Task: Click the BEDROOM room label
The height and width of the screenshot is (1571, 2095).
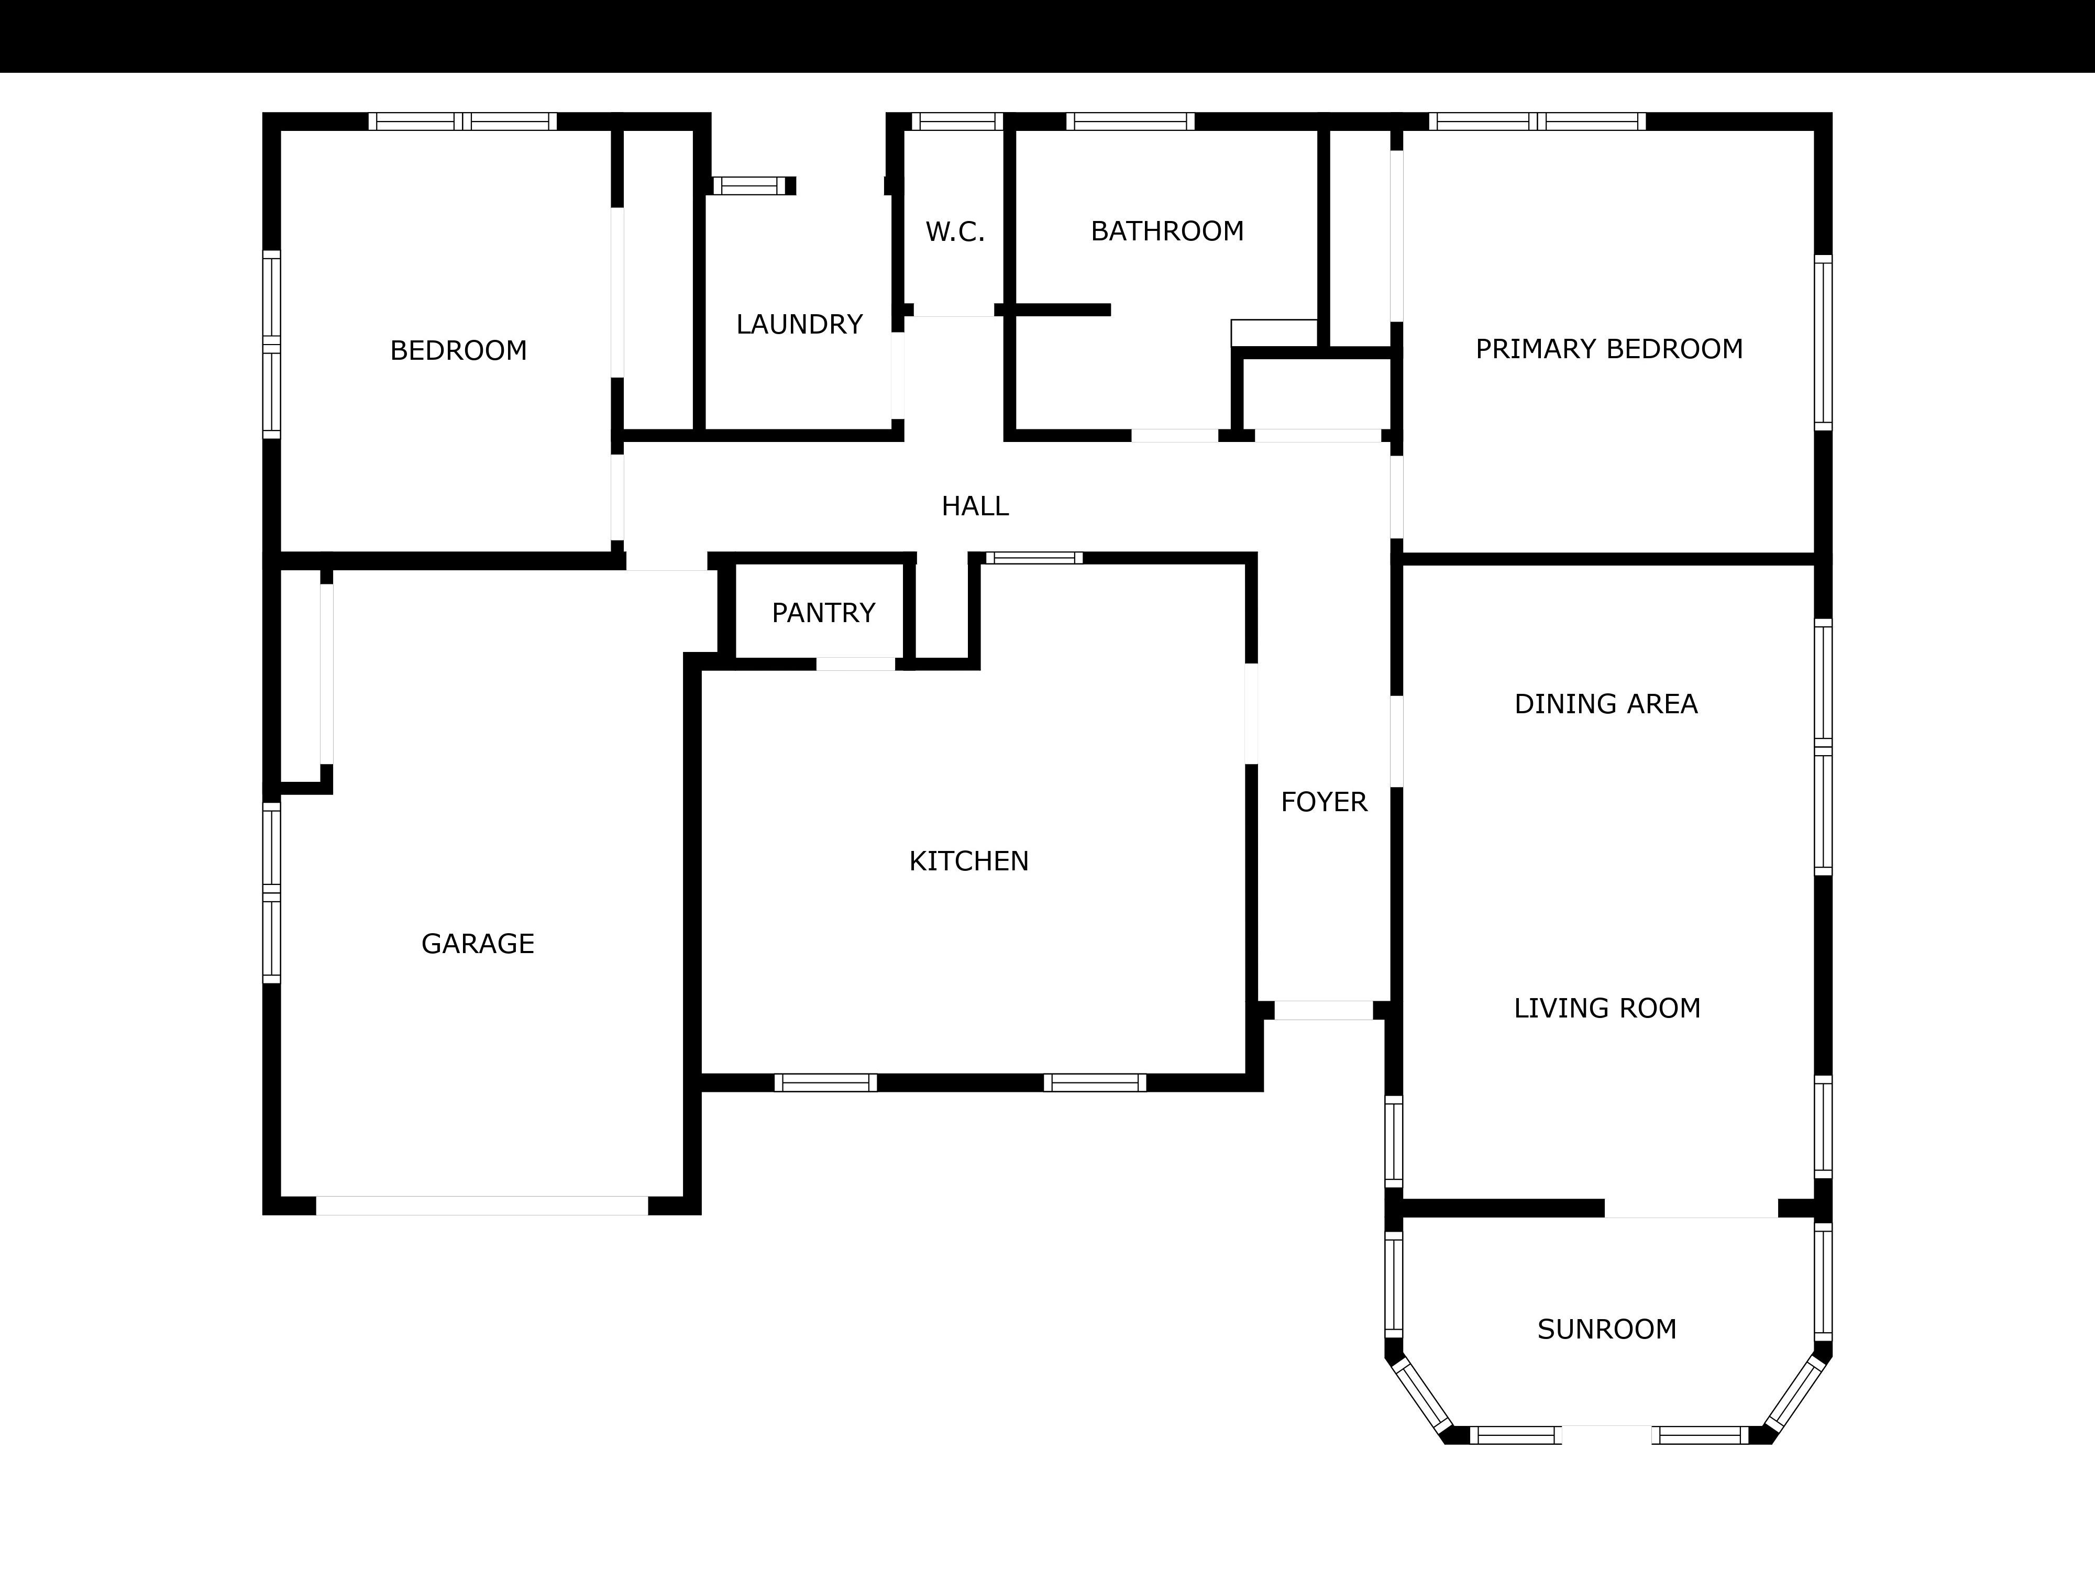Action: [458, 350]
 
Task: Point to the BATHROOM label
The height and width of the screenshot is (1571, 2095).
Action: [1167, 231]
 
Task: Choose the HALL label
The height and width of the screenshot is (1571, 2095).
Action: [975, 506]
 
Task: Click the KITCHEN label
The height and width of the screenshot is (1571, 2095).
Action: [969, 861]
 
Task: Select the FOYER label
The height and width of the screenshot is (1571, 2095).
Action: [1324, 802]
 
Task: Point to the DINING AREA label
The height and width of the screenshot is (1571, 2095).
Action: [1606, 704]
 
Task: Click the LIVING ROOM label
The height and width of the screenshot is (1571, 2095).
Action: [1607, 1009]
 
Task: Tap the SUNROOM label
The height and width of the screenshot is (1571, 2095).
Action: [1607, 1330]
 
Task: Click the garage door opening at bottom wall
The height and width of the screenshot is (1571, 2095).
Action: [482, 1205]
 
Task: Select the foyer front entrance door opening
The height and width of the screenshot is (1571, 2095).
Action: [1323, 1010]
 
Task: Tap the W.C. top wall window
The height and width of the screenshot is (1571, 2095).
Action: [956, 121]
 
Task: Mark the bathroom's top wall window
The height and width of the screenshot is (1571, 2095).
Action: [1130, 121]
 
